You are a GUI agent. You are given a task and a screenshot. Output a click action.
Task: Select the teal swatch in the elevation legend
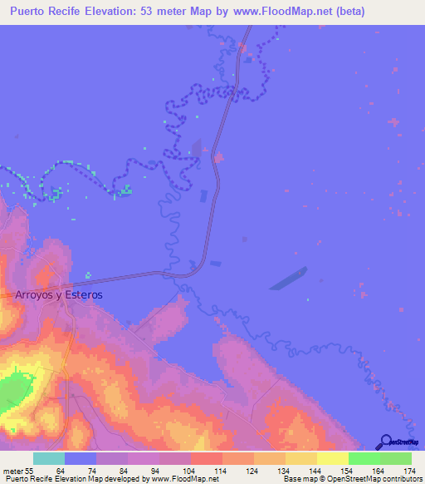pos(49,458)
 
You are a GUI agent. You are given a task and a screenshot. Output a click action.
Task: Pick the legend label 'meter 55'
pos(18,471)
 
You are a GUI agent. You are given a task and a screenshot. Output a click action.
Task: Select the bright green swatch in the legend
pos(364,458)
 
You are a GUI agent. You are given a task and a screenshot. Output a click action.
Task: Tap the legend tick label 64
pos(61,471)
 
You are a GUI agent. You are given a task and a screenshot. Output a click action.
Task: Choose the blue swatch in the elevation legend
pos(81,458)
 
